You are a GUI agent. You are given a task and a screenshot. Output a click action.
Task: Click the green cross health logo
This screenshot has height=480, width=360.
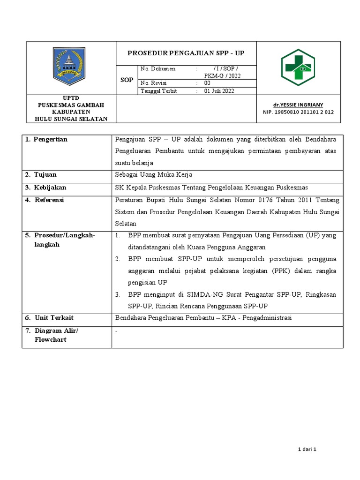point(299,67)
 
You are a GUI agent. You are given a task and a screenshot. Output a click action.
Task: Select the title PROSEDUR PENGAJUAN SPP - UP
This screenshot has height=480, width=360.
point(186,53)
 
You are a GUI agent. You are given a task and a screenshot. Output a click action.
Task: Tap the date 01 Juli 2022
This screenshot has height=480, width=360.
point(219,91)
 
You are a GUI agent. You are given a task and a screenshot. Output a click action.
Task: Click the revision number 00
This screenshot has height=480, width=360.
point(207,83)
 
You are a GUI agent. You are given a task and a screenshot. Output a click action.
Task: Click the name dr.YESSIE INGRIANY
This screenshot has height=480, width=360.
point(298,105)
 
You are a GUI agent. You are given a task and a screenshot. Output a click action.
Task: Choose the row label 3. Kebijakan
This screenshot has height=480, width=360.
point(45,187)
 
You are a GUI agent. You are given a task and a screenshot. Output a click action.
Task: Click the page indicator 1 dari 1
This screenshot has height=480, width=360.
point(308,450)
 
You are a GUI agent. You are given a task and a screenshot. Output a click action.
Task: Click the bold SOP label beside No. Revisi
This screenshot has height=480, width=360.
point(127,80)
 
